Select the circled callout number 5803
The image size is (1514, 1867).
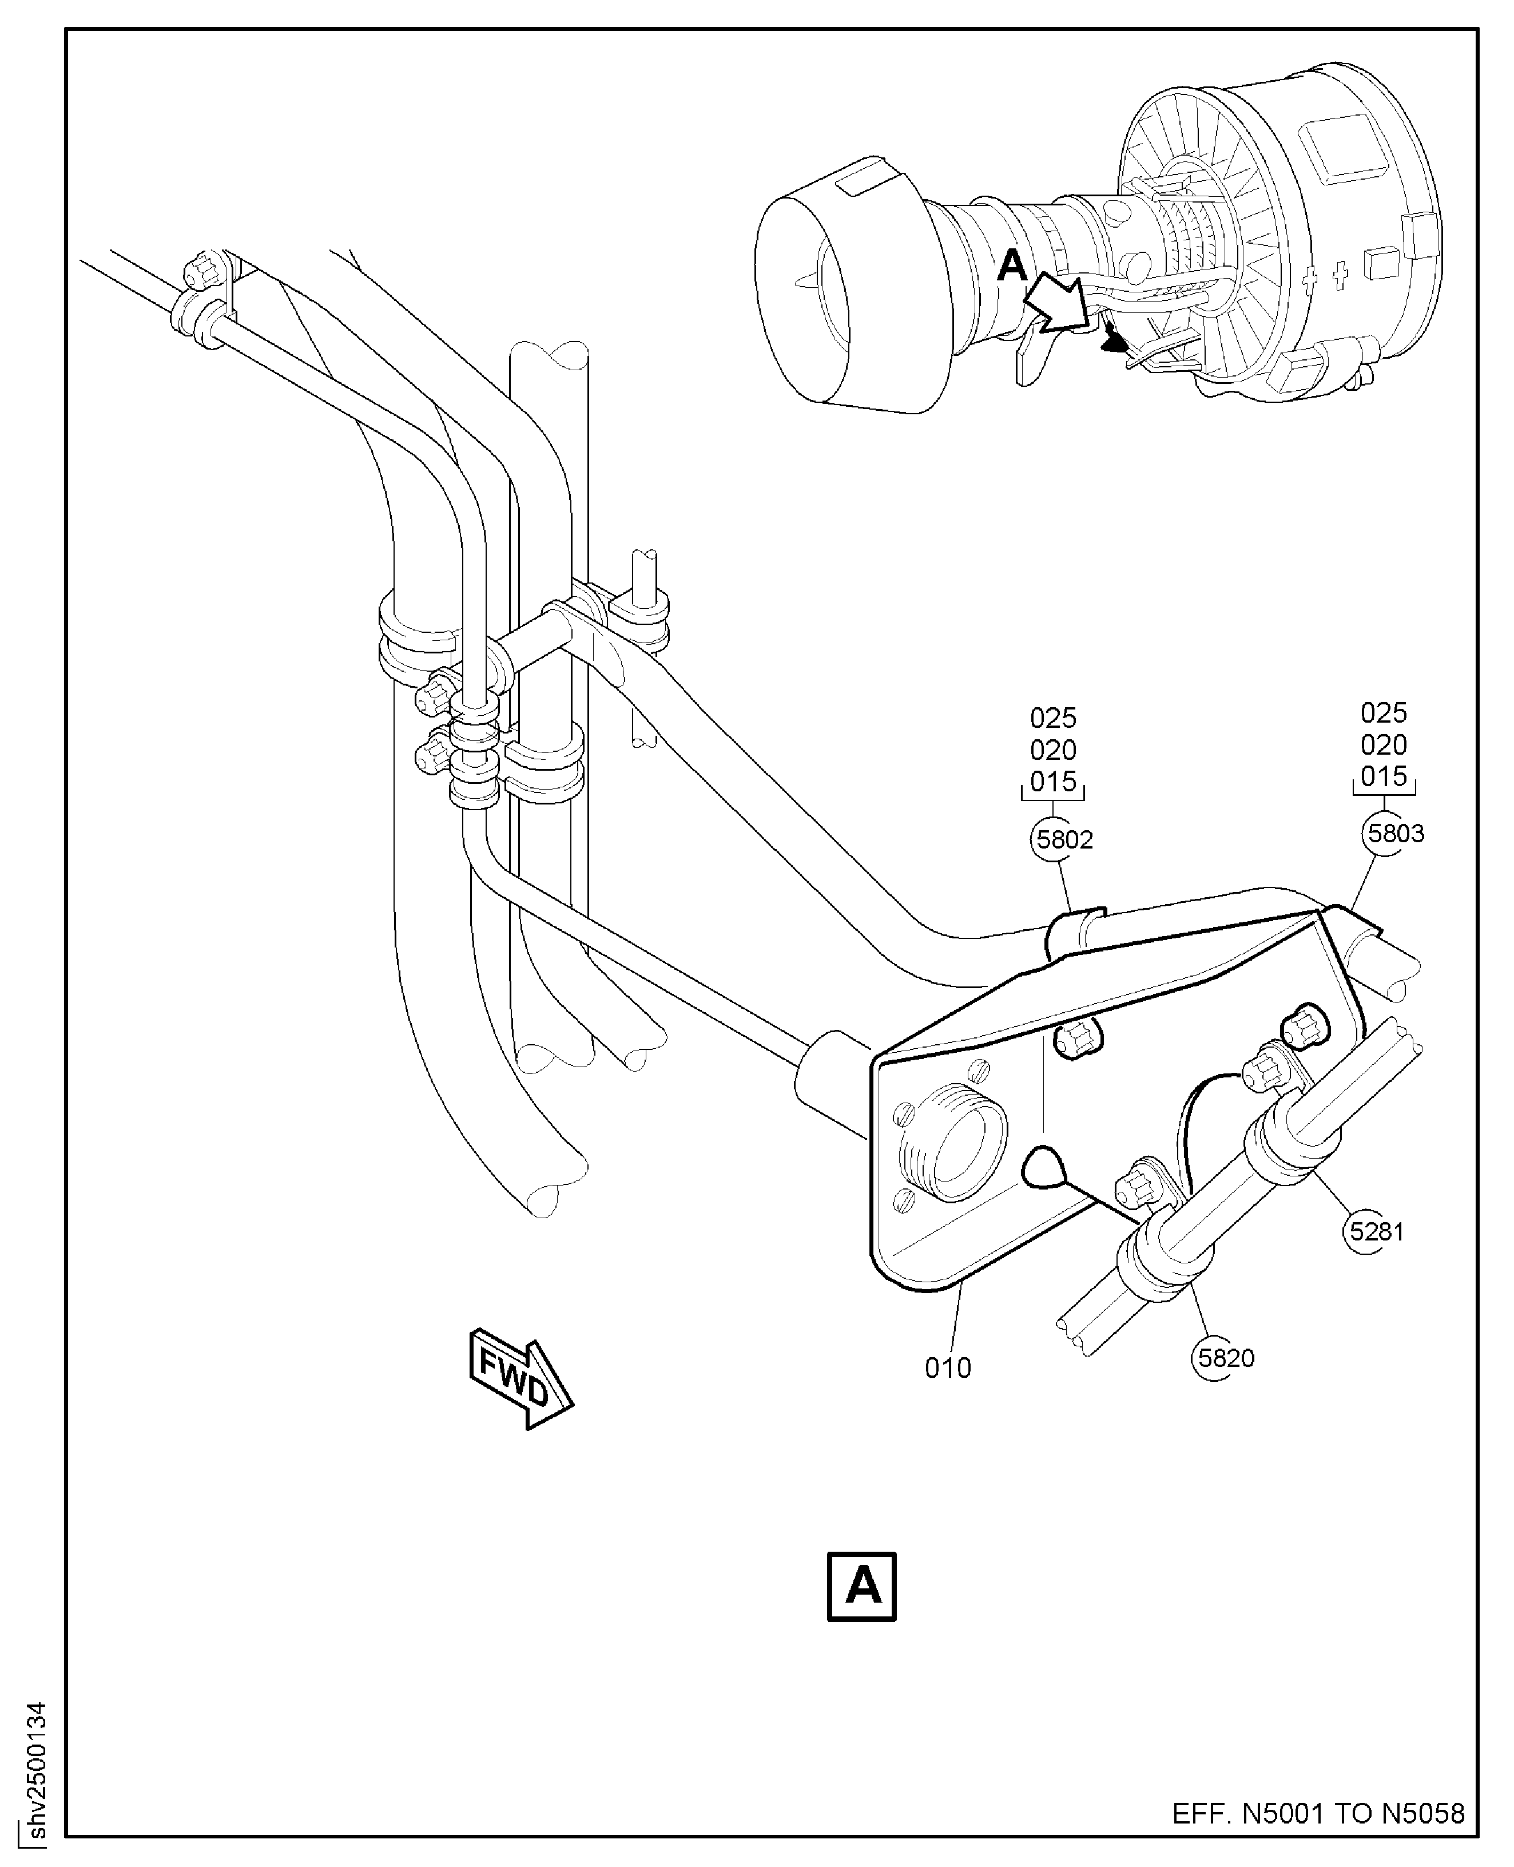(1394, 833)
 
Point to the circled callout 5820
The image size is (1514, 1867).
(1225, 1358)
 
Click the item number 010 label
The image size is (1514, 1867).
(947, 1367)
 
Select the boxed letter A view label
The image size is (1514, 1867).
(861, 1585)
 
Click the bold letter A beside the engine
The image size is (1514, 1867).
(1012, 265)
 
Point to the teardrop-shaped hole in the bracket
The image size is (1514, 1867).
(1043, 1167)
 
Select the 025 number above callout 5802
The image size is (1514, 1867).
(1052, 718)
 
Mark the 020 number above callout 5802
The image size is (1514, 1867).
(1052, 750)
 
